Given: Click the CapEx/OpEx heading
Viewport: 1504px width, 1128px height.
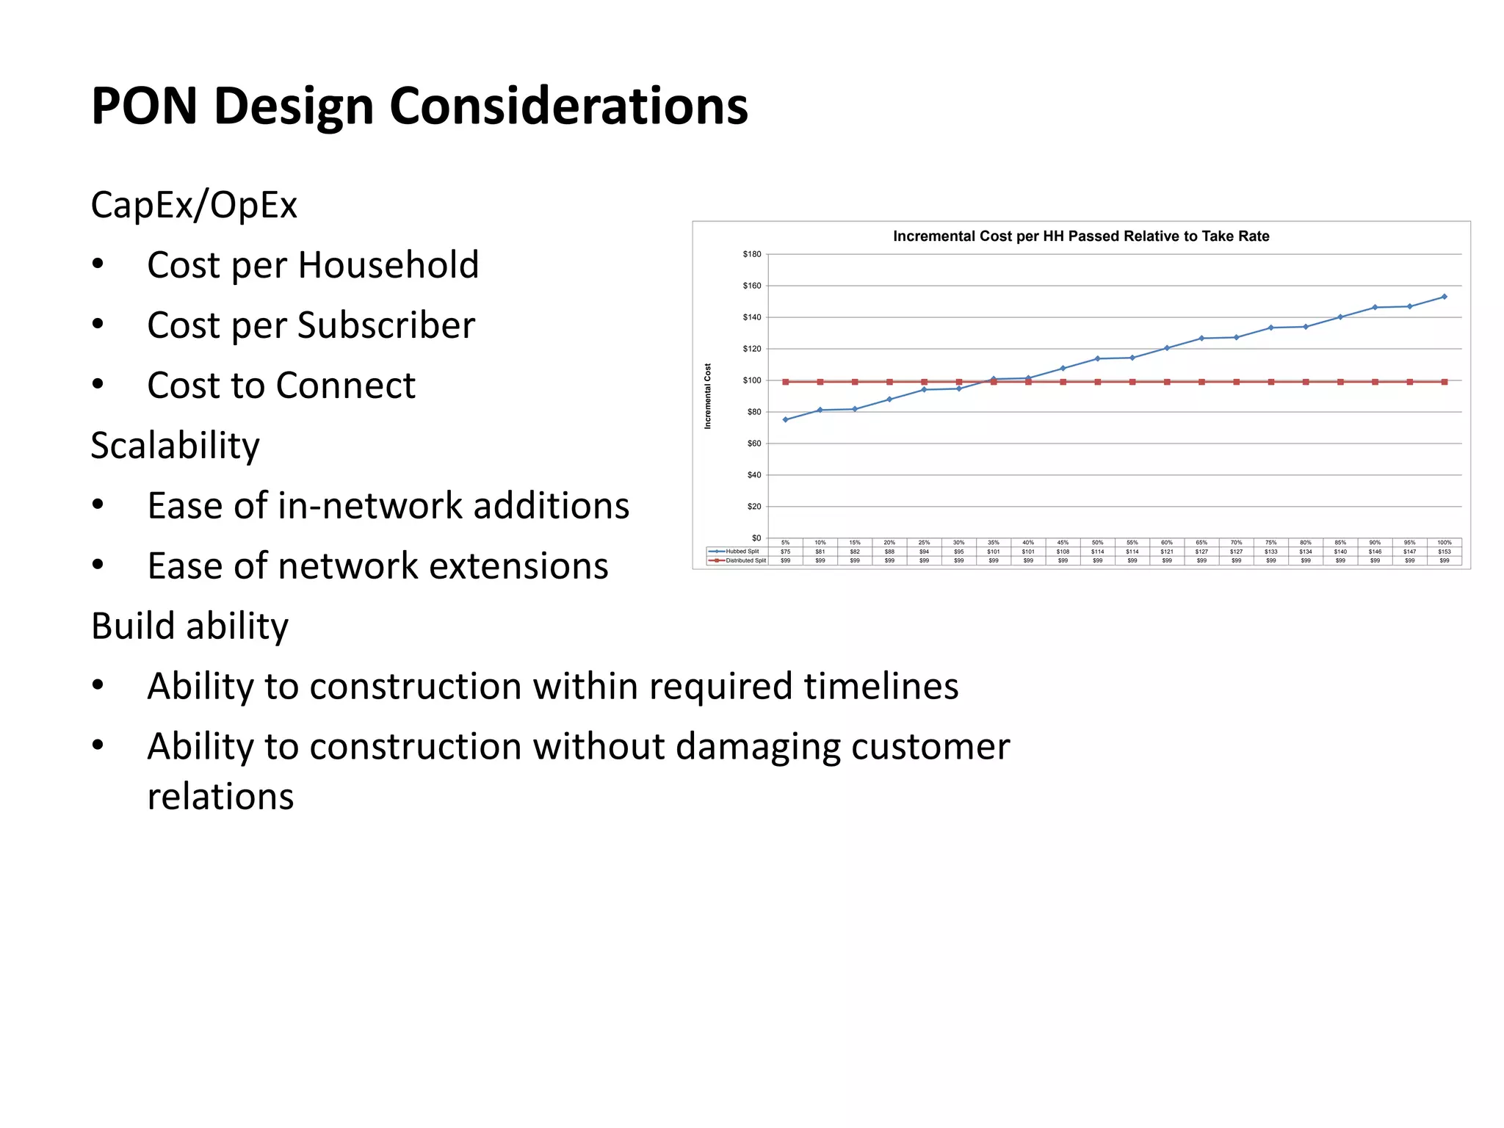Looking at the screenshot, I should [194, 205].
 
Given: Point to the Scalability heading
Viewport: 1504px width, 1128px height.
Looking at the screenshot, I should [175, 445].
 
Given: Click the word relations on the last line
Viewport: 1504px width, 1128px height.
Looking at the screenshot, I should [220, 796].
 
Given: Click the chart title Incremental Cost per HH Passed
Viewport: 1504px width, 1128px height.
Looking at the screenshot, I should [1080, 236].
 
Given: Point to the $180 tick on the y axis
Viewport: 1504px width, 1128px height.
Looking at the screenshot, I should [751, 254].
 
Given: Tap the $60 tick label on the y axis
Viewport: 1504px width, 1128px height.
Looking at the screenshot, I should [753, 444].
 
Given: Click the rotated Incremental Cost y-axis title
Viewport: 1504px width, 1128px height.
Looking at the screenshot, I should [708, 397].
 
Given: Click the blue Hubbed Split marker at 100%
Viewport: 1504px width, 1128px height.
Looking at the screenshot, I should [1444, 297].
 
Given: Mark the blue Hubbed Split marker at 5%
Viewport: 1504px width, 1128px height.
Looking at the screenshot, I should [785, 420].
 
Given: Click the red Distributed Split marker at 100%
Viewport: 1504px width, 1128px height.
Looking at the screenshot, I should [1444, 382].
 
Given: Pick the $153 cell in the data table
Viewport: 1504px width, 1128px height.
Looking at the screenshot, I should [1444, 552].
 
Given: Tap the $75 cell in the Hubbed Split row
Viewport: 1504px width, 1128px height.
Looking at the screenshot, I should [785, 552].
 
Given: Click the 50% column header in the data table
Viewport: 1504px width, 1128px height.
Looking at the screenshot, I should [1097, 543].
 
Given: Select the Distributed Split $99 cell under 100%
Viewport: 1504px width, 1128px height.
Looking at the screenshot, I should [1444, 560].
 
